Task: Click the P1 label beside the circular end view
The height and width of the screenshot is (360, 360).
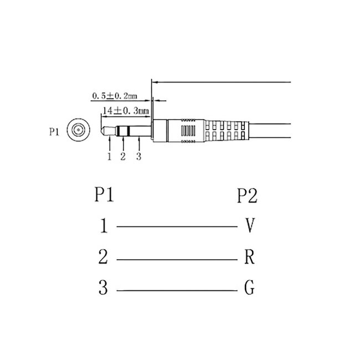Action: tap(54, 132)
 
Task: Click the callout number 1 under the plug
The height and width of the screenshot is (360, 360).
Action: tap(110, 157)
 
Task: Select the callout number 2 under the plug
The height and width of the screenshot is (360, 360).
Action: tap(123, 157)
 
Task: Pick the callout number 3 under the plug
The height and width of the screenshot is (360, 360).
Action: tap(138, 157)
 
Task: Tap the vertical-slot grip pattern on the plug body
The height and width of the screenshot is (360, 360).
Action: tap(188, 132)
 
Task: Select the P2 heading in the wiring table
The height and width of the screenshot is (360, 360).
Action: tap(247, 195)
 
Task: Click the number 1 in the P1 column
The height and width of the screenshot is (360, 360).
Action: tap(104, 226)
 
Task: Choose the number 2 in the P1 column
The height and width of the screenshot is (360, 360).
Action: tap(104, 258)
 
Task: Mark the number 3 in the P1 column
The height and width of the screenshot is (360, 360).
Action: tap(104, 289)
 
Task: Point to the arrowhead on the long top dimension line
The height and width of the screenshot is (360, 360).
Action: tap(156, 82)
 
